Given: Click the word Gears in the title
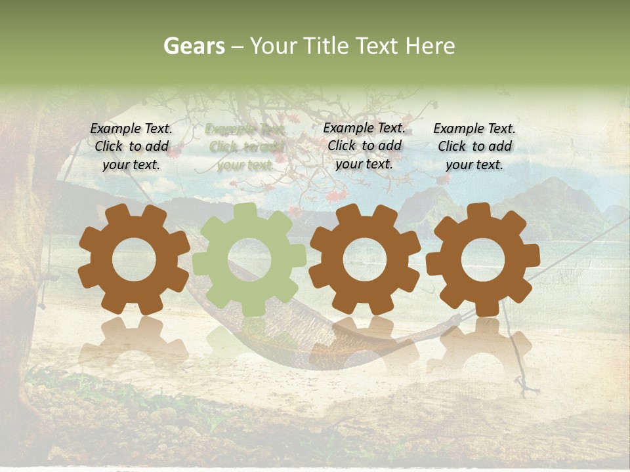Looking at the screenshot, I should point(194,46).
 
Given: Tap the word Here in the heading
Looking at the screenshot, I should point(430,46).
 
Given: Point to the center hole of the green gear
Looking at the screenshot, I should point(249,260).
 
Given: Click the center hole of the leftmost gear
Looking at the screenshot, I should point(135,260).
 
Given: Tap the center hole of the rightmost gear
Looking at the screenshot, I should point(483,260).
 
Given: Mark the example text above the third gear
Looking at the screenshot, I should point(364,146).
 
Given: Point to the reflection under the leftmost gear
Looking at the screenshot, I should point(135,341).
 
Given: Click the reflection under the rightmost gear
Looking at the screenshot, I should point(483,341).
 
